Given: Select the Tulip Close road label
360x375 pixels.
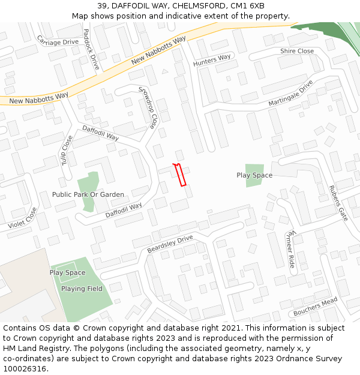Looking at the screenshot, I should (x=66, y=150).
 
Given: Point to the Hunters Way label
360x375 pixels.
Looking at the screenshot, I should (x=212, y=61).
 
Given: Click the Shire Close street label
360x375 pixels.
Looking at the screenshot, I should (x=297, y=51).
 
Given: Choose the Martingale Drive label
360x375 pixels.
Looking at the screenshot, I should (x=291, y=93).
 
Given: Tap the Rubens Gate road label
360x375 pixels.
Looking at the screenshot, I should (x=338, y=203).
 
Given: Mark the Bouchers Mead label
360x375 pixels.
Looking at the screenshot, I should (x=316, y=307).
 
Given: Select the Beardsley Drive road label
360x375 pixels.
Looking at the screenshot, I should (x=170, y=244).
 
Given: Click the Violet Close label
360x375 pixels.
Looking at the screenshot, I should (x=22, y=218).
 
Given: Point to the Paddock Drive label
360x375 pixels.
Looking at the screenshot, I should (x=91, y=49).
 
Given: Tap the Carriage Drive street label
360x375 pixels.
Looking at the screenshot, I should (x=58, y=40).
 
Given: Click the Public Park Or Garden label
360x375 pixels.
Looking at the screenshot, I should (x=88, y=194).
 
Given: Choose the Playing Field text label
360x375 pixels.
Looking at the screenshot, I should (x=82, y=289).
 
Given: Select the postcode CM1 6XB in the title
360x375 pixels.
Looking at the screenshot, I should (x=244, y=5).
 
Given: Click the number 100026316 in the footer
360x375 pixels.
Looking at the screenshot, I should (x=25, y=369).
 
